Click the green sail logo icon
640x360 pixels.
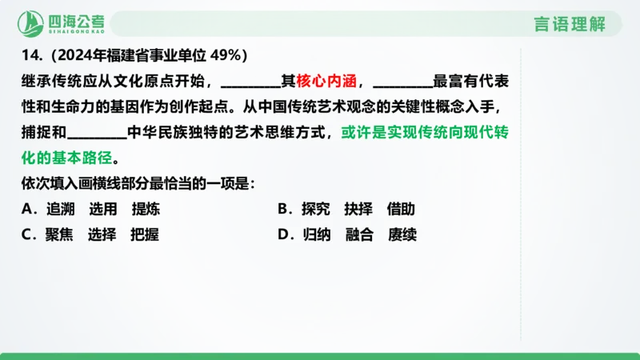tap(32, 22)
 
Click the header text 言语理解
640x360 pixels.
tap(570, 23)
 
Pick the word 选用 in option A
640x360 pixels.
tap(103, 210)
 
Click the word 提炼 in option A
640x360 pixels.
tap(146, 210)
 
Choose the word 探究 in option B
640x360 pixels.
tap(316, 210)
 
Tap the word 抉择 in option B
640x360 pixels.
tap(358, 210)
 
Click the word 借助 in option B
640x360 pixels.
tap(401, 210)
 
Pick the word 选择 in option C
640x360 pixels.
tap(102, 235)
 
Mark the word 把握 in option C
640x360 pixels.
tap(145, 235)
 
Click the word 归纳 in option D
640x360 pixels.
tap(317, 235)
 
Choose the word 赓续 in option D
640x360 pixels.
tap(402, 235)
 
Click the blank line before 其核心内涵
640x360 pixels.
tap(249, 83)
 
